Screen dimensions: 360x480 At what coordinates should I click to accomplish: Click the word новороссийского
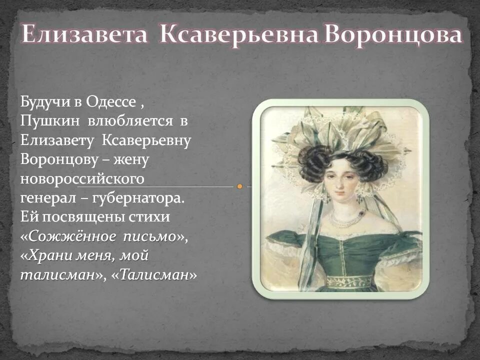[82, 179]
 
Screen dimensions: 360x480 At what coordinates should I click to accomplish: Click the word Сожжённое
[64, 236]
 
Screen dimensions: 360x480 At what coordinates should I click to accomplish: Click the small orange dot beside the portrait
[240, 186]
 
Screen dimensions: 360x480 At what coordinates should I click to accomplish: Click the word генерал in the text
[47, 198]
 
